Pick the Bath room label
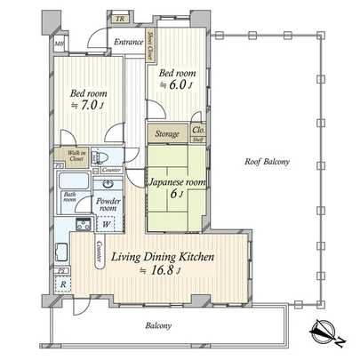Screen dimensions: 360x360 point(69,197)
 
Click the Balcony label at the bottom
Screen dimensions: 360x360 point(158,325)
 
